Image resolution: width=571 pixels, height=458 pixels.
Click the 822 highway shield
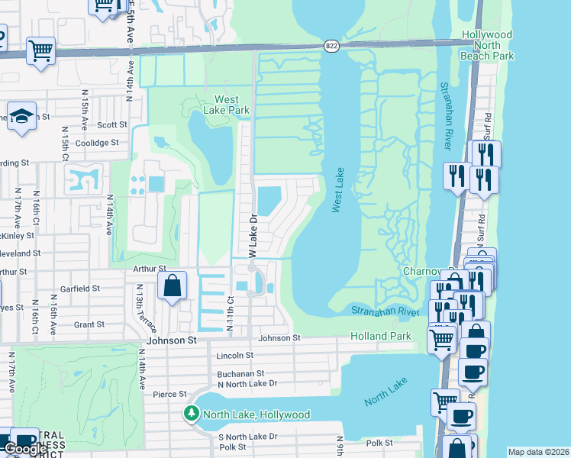330,46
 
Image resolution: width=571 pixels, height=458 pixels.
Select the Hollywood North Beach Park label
487,45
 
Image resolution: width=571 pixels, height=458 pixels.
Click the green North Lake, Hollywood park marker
190,414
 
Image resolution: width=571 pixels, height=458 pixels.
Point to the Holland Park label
380,336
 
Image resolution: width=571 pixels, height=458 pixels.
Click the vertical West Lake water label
337,190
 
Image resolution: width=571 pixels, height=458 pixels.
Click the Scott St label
111,124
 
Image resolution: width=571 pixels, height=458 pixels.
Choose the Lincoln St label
235,356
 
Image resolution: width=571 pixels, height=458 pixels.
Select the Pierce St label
169,394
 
